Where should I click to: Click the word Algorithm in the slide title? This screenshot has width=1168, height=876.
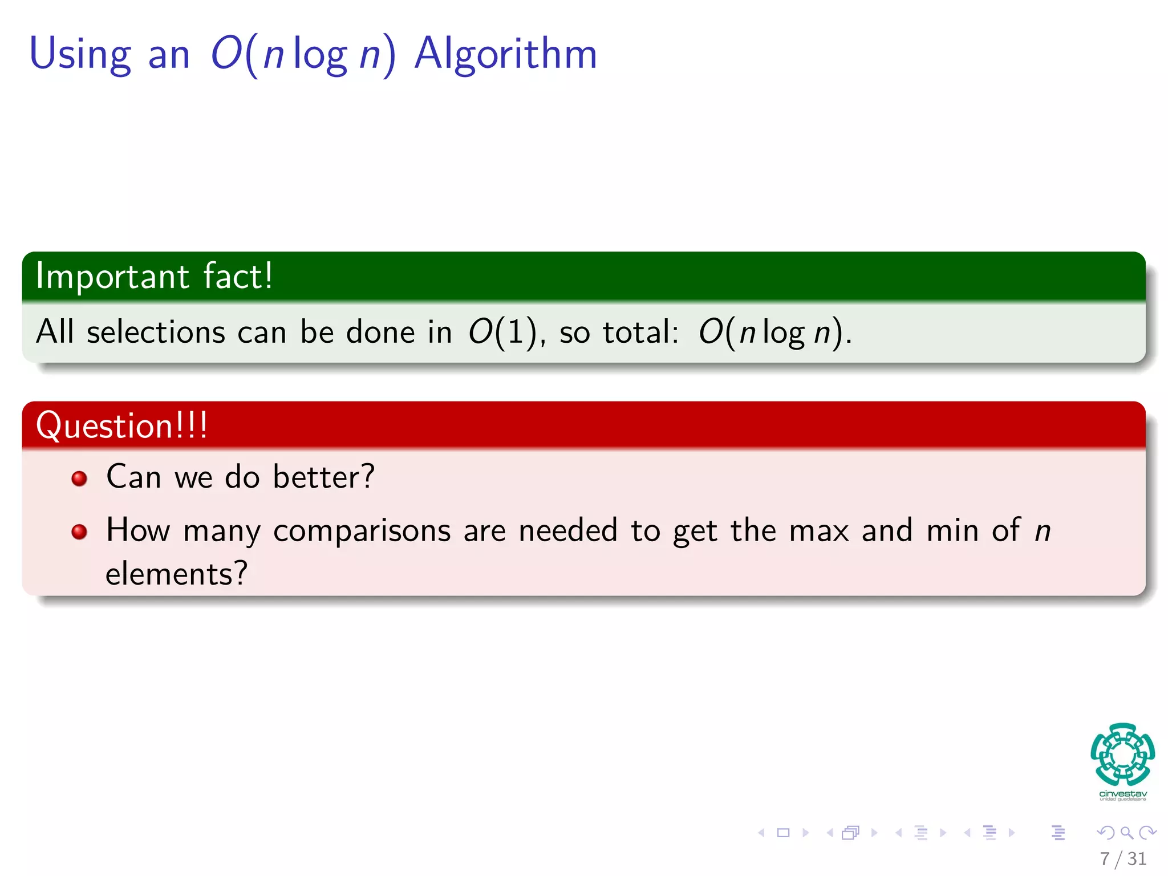(505, 54)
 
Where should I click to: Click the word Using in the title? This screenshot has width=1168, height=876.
(80, 55)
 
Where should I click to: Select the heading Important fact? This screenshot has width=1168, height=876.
(154, 276)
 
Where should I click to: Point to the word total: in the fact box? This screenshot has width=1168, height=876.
(640, 332)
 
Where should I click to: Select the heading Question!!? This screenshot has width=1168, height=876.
(121, 425)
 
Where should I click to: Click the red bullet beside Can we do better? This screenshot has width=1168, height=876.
(79, 478)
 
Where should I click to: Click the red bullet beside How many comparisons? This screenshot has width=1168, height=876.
(79, 532)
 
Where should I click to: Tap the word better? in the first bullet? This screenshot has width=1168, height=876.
(323, 477)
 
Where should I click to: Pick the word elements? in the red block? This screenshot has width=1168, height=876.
(176, 574)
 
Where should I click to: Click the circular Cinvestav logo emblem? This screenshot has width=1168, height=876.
(1122, 754)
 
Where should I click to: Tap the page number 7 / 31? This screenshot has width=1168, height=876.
(1122, 858)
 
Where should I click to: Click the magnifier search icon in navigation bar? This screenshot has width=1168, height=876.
(1126, 833)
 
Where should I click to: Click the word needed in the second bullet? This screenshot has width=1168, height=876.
(568, 530)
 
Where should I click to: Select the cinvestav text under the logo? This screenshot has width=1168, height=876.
(1122, 793)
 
